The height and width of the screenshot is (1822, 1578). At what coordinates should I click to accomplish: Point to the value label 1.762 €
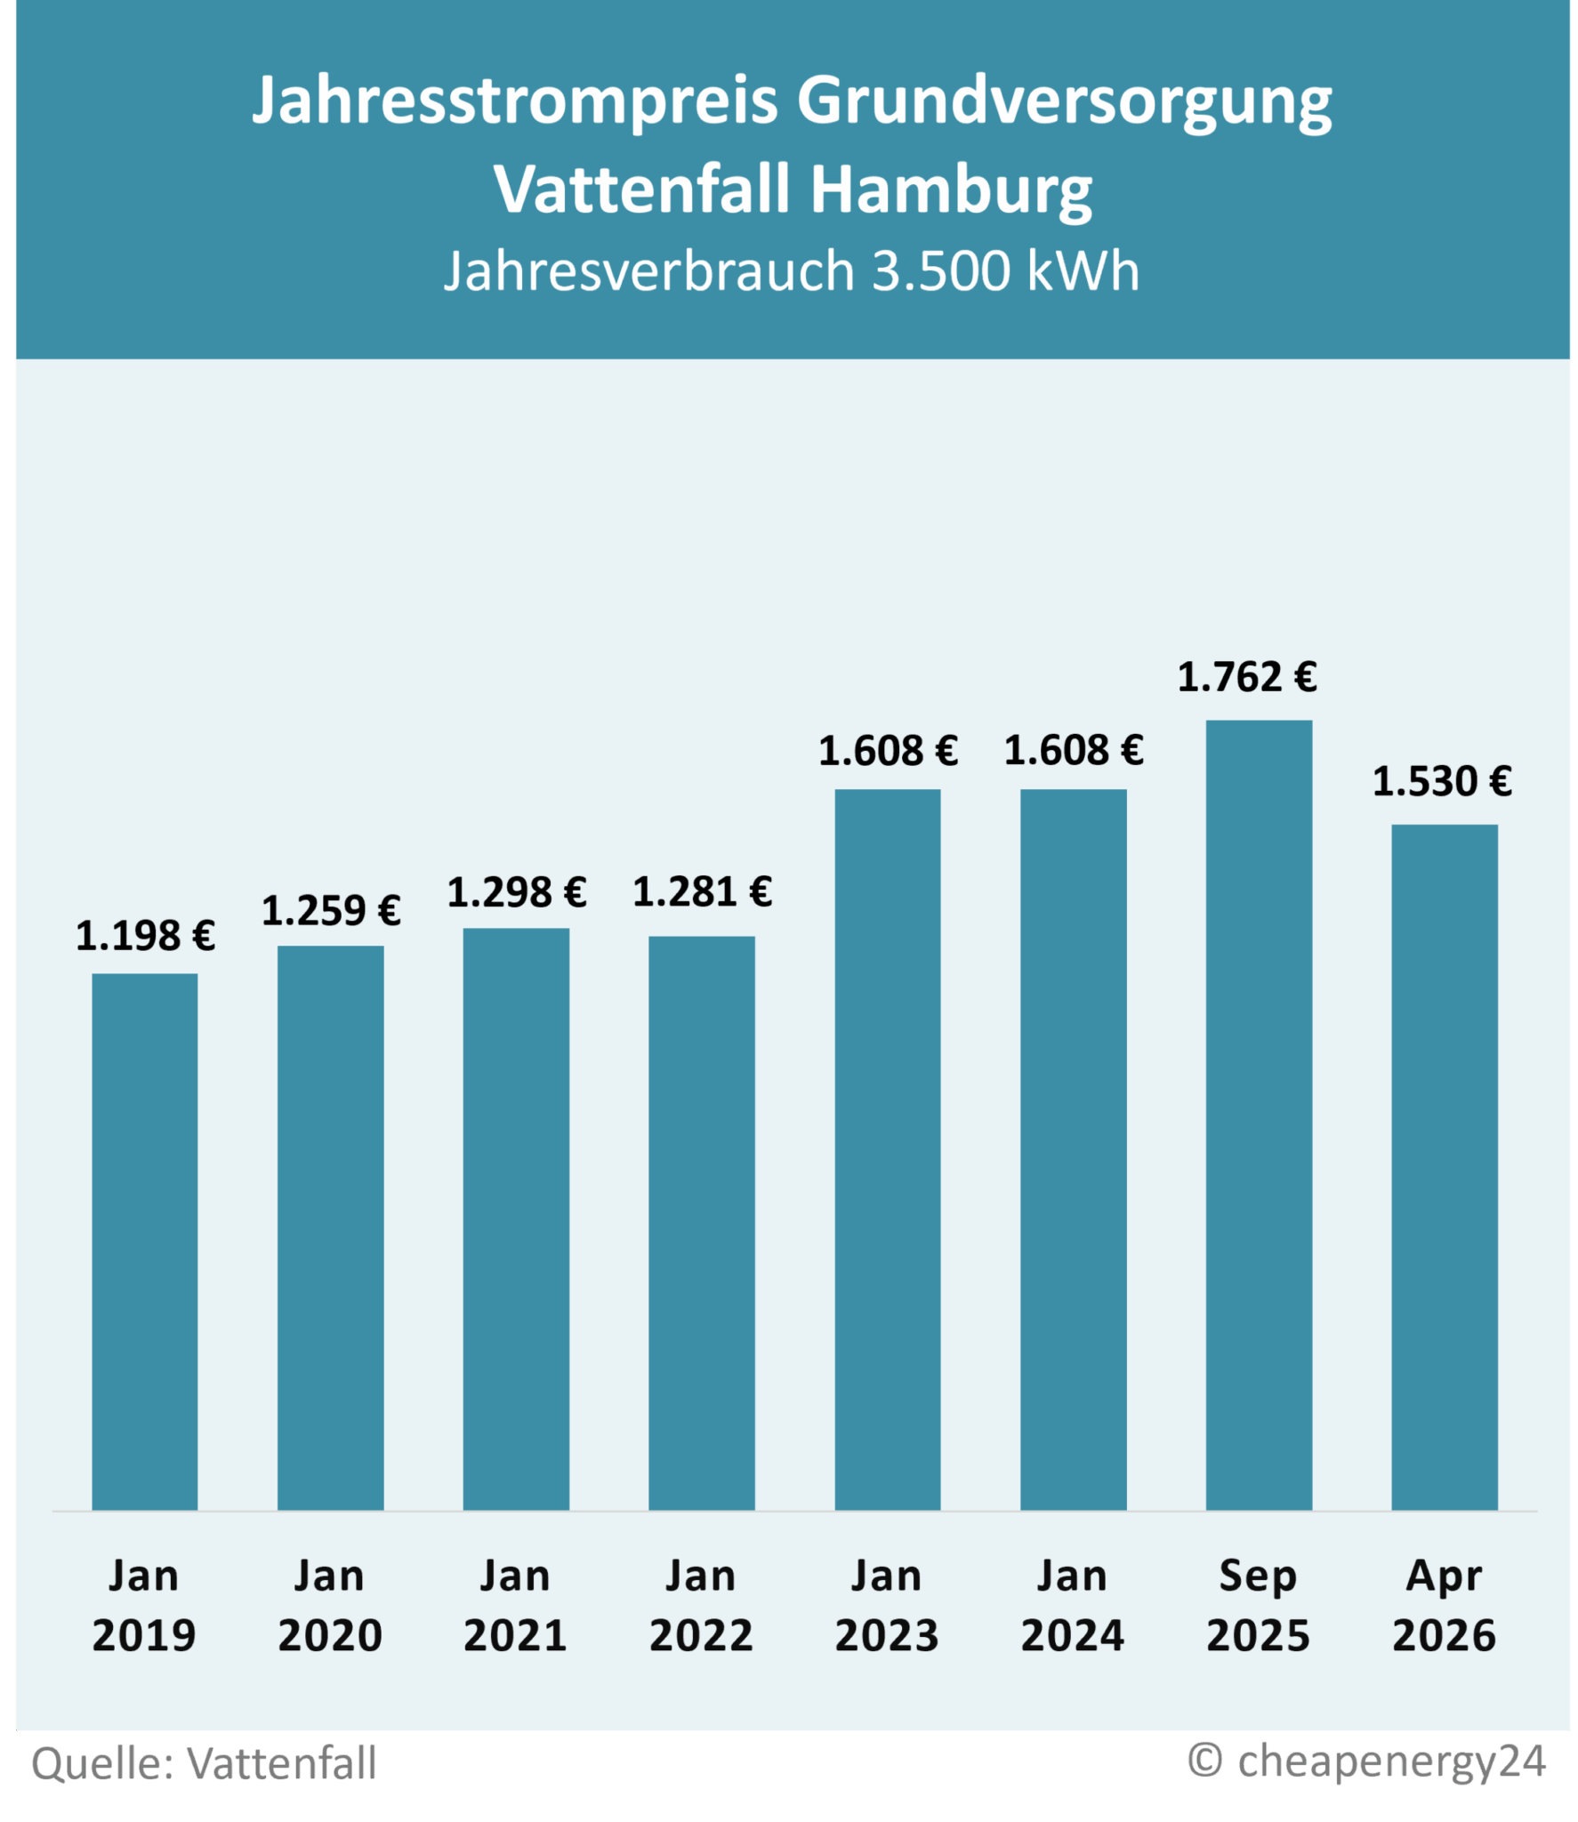[1246, 678]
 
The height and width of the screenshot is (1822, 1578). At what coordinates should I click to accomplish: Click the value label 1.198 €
[145, 936]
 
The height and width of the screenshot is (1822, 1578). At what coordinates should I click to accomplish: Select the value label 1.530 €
[1442, 782]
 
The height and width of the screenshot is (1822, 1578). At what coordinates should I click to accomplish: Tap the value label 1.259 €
[331, 911]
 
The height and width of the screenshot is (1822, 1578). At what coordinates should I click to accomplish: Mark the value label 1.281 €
[702, 892]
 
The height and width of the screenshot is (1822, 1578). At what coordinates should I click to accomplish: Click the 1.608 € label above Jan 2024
[1074, 751]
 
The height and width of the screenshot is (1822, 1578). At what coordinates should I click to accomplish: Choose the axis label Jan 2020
[330, 1606]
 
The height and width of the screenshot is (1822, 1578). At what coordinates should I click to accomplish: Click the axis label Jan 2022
[701, 1606]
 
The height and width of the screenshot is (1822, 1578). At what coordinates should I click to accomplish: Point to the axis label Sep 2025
[1258, 1606]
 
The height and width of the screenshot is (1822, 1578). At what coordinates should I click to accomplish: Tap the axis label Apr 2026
[1444, 1606]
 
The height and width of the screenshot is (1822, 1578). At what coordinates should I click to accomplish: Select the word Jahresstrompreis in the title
[515, 100]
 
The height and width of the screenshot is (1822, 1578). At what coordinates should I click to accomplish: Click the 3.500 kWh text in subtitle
[1005, 270]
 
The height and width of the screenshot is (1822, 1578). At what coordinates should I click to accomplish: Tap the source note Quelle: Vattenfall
[204, 1762]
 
